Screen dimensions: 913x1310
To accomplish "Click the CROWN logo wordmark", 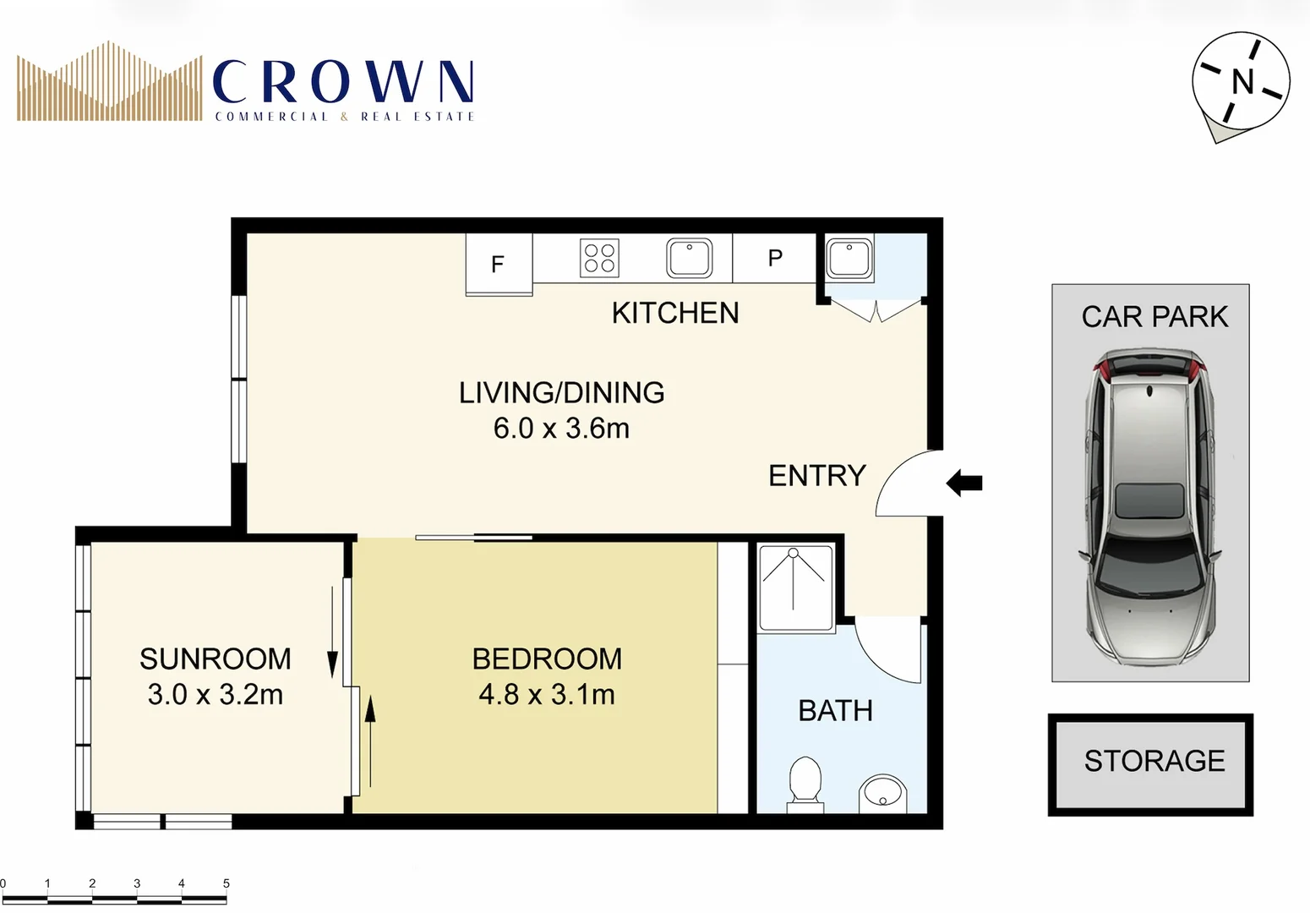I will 342,83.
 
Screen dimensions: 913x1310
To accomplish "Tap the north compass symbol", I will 1241,83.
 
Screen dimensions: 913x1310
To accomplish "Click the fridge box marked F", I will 499,264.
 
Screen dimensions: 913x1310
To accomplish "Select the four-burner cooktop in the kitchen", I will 599,258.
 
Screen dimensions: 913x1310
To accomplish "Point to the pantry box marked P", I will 774,258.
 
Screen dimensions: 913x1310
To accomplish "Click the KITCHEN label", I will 674,313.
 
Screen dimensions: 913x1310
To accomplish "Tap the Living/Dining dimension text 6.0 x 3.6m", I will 561,429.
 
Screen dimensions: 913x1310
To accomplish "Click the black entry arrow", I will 964,483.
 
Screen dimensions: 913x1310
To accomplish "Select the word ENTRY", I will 816,476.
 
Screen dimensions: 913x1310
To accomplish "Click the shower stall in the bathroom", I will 794,588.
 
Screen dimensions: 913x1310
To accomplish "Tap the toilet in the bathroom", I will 805,780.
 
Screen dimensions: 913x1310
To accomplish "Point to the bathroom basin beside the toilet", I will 882,794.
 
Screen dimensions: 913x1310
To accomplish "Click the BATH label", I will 835,711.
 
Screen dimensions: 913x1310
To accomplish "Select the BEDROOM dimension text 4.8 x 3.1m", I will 547,695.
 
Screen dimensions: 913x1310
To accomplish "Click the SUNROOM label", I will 215,659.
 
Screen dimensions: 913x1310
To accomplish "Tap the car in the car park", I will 1150,507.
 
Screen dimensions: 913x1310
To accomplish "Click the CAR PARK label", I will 1154,317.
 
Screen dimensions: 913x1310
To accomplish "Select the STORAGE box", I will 1150,763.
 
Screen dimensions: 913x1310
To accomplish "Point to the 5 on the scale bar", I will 226,883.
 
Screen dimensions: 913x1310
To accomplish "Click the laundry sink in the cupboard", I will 849,258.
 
